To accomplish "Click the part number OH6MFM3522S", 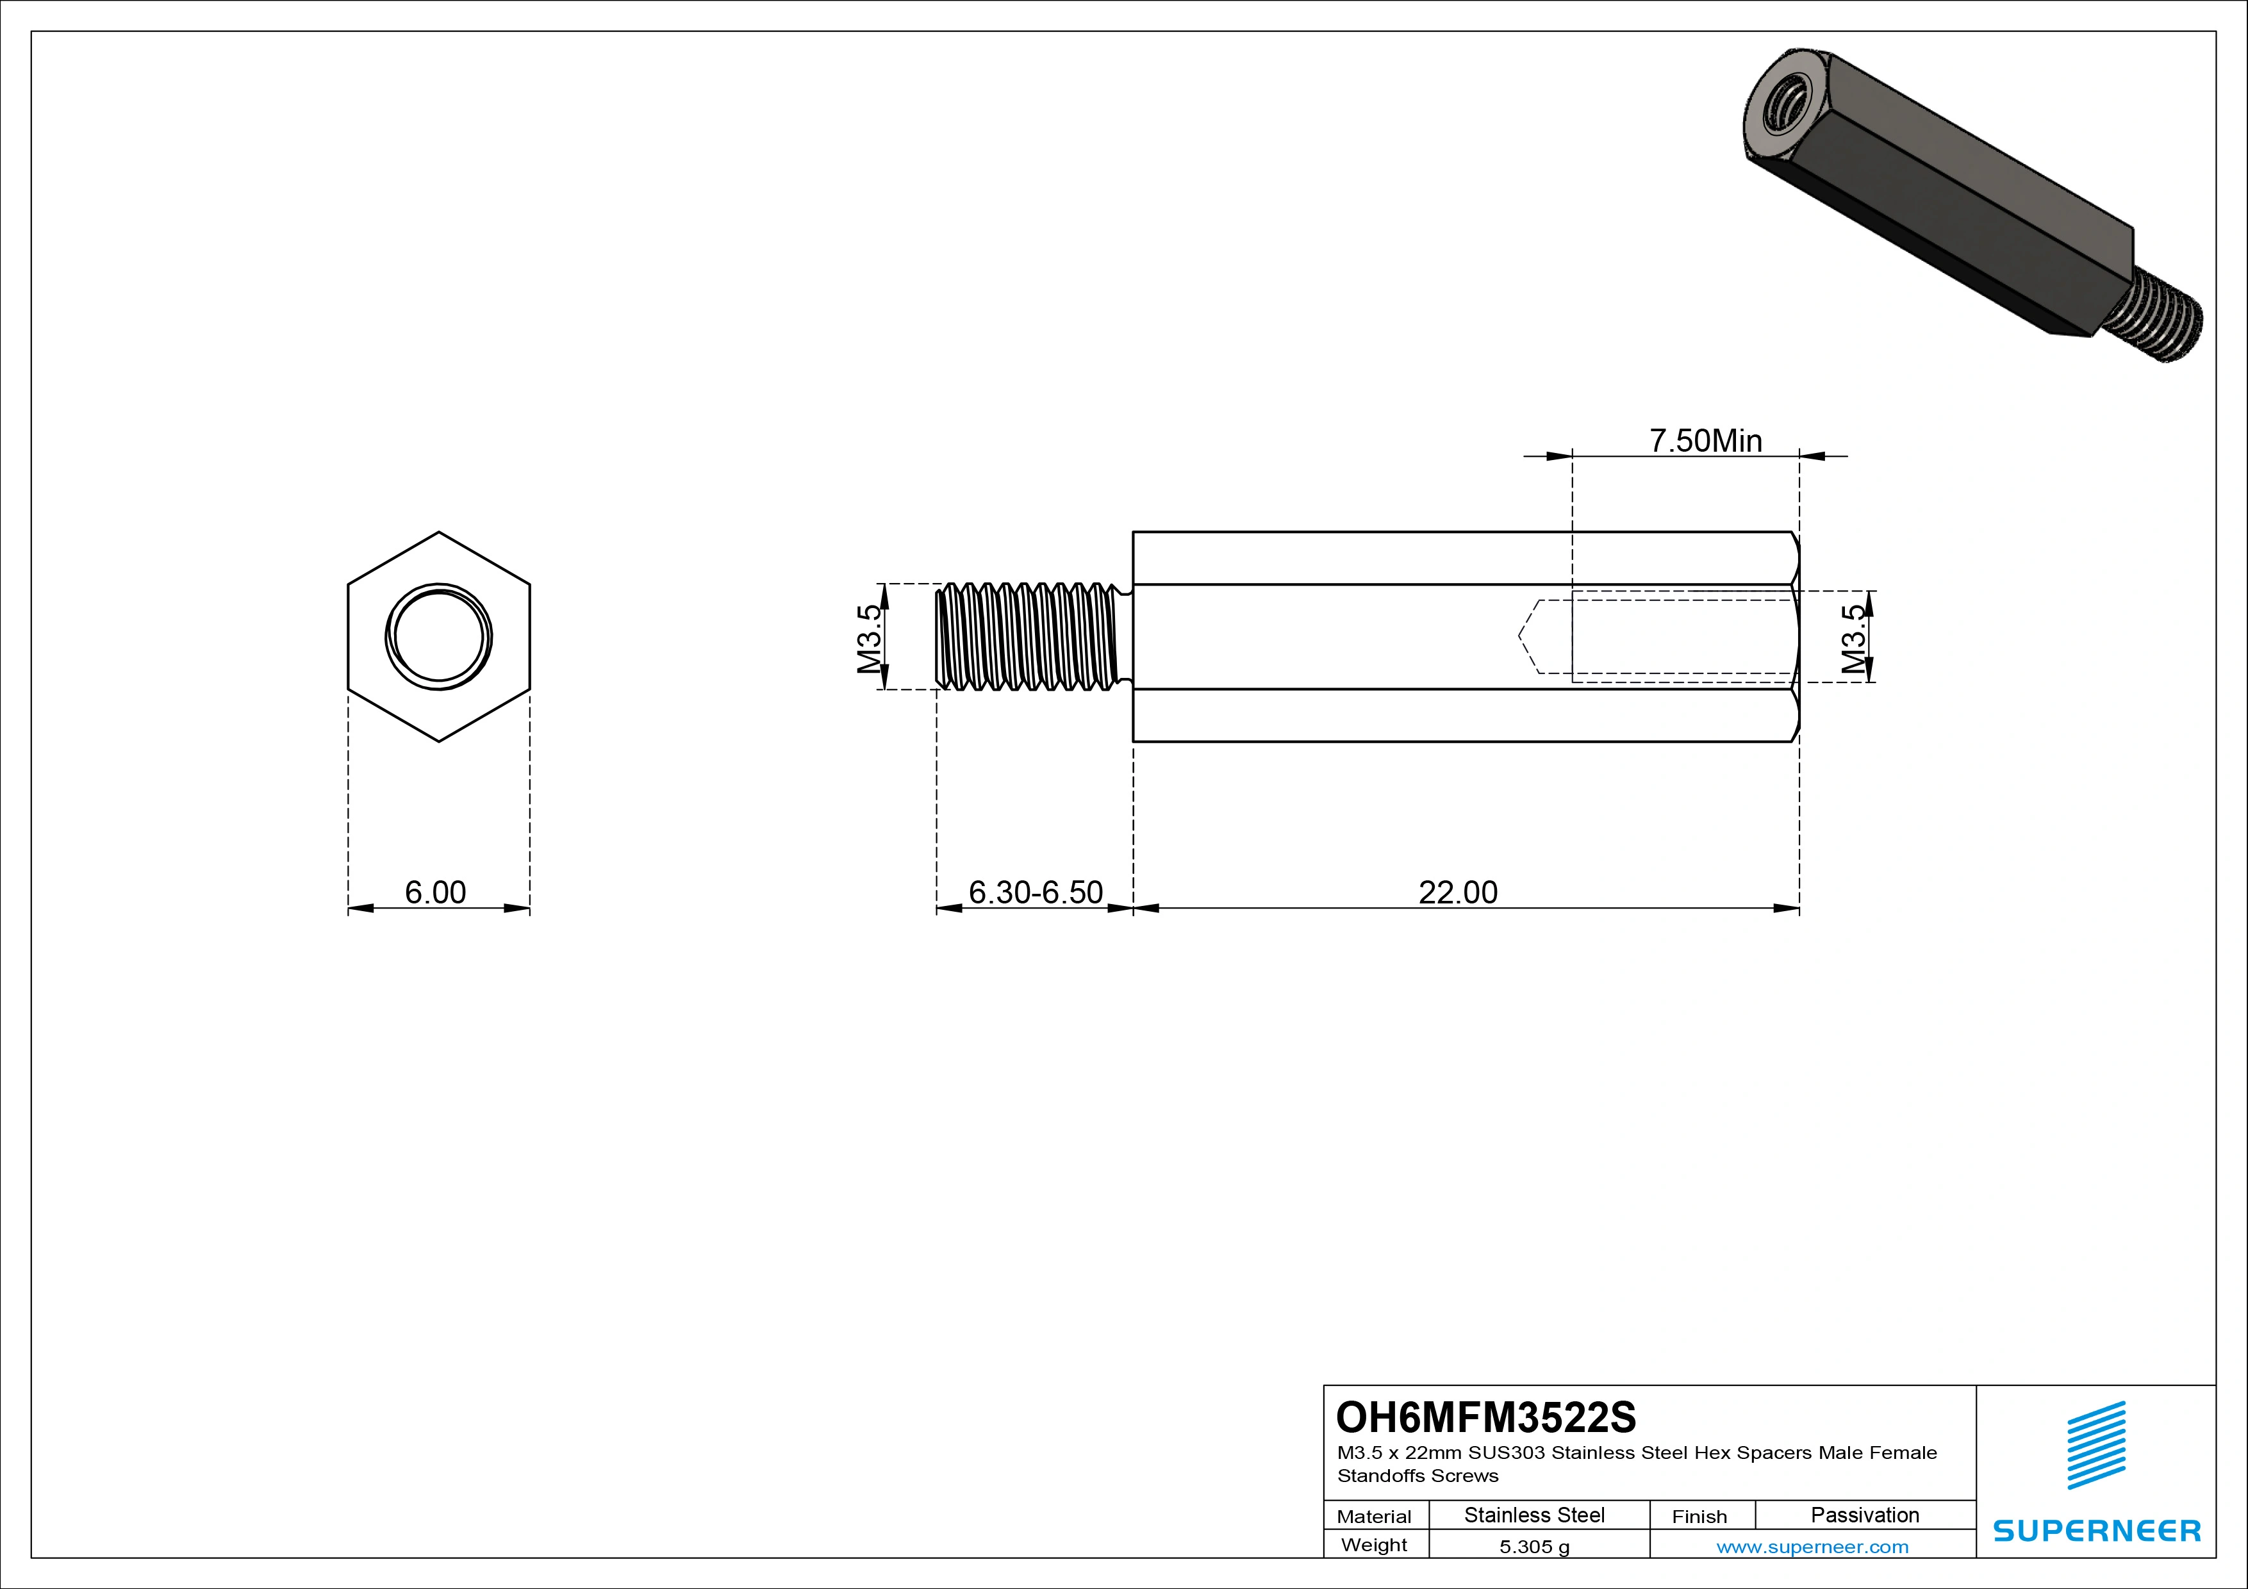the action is point(1485,1417).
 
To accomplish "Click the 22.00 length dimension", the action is point(1458,892).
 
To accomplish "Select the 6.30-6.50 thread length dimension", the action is point(1036,892).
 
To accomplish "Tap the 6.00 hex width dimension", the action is point(436,892).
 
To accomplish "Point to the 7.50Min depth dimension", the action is point(1706,441).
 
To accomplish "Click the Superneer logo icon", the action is point(2096,1444).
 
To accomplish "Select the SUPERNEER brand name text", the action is point(2096,1530).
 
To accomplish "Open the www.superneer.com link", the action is point(1812,1547).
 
